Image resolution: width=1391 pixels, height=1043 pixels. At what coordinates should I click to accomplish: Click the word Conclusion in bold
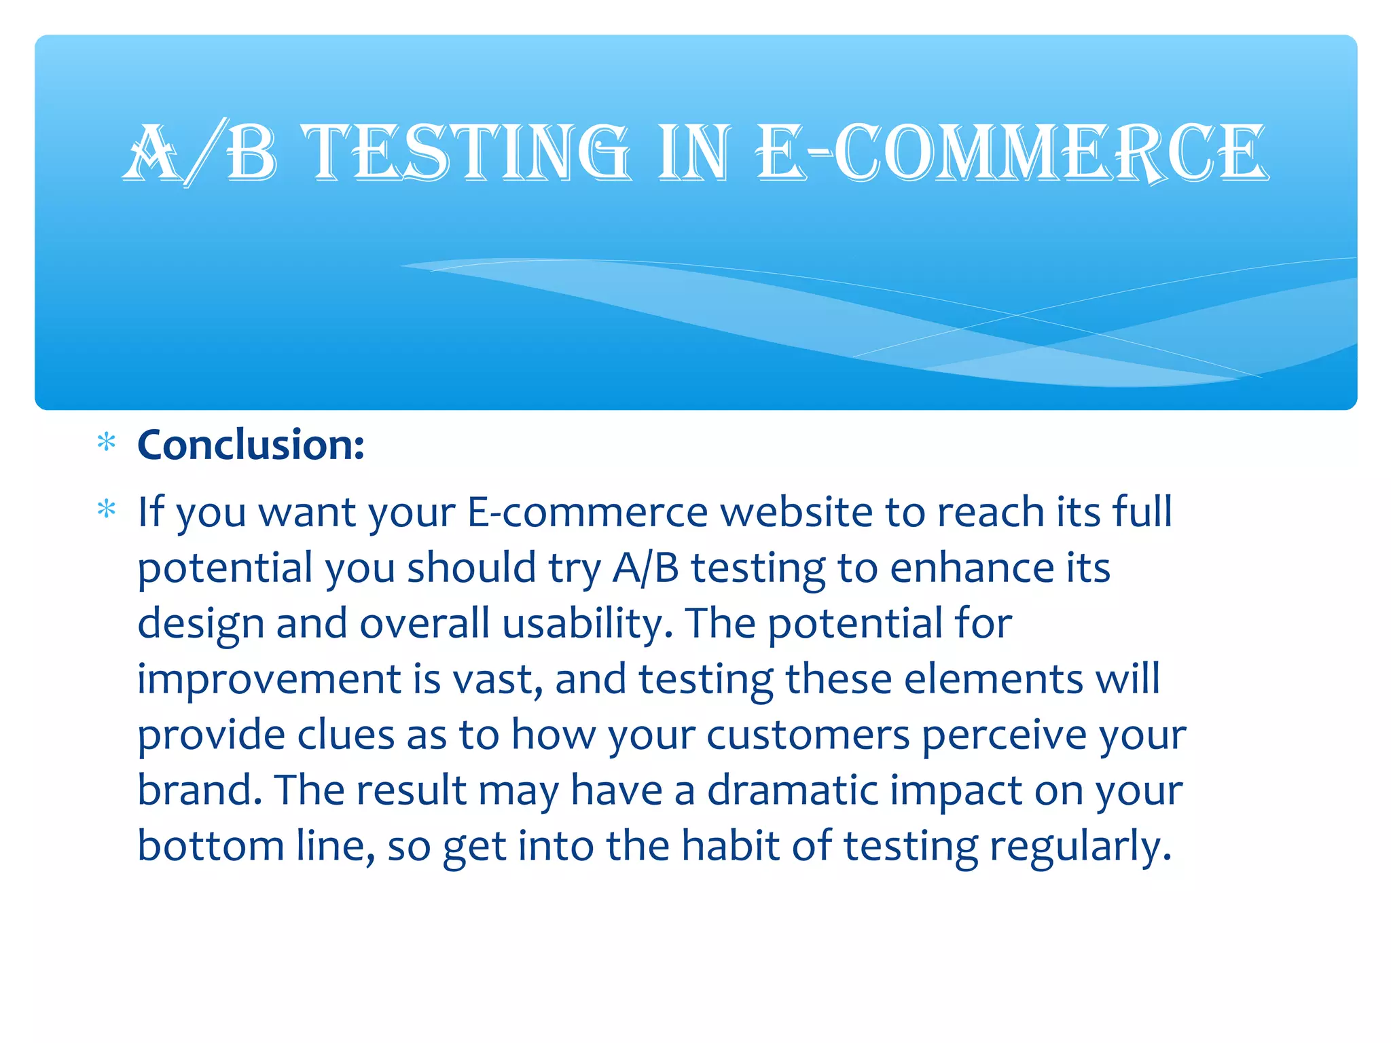click(251, 445)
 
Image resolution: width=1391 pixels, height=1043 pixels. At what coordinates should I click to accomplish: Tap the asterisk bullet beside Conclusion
click(107, 443)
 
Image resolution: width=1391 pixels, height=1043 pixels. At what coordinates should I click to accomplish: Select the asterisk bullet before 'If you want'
click(107, 509)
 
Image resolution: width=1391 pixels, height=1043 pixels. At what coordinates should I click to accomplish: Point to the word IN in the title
click(694, 153)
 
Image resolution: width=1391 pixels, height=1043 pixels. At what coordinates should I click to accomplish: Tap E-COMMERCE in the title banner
click(1012, 153)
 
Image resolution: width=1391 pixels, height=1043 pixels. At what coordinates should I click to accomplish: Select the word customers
click(808, 735)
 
